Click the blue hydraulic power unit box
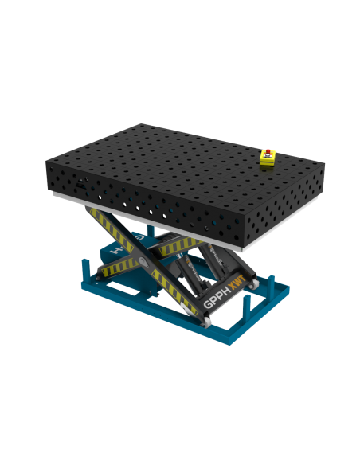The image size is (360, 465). [119, 251]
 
